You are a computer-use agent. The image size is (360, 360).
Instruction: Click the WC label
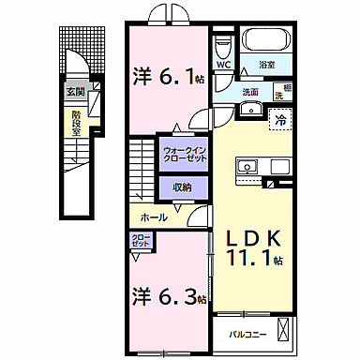pyautogui.click(x=223, y=66)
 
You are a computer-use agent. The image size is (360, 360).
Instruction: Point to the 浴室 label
pyautogui.click(x=270, y=66)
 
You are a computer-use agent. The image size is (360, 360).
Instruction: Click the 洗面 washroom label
pyautogui.click(x=250, y=91)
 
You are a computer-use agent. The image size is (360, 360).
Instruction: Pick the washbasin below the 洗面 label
pyautogui.click(x=249, y=109)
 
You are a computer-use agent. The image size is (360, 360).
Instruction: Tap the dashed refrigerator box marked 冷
pyautogui.click(x=278, y=119)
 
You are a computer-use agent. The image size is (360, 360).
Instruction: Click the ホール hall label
pyautogui.click(x=155, y=217)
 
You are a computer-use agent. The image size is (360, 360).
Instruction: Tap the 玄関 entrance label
pyautogui.click(x=75, y=93)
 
